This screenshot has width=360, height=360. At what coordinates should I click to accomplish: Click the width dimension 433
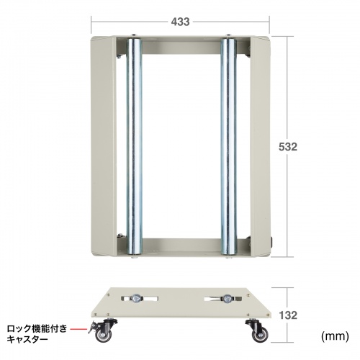coord(181,22)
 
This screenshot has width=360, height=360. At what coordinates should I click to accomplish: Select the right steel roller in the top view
coord(229,144)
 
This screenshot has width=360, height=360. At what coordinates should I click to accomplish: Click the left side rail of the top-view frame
coord(102,144)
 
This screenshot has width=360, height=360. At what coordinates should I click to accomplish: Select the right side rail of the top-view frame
coord(261,144)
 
